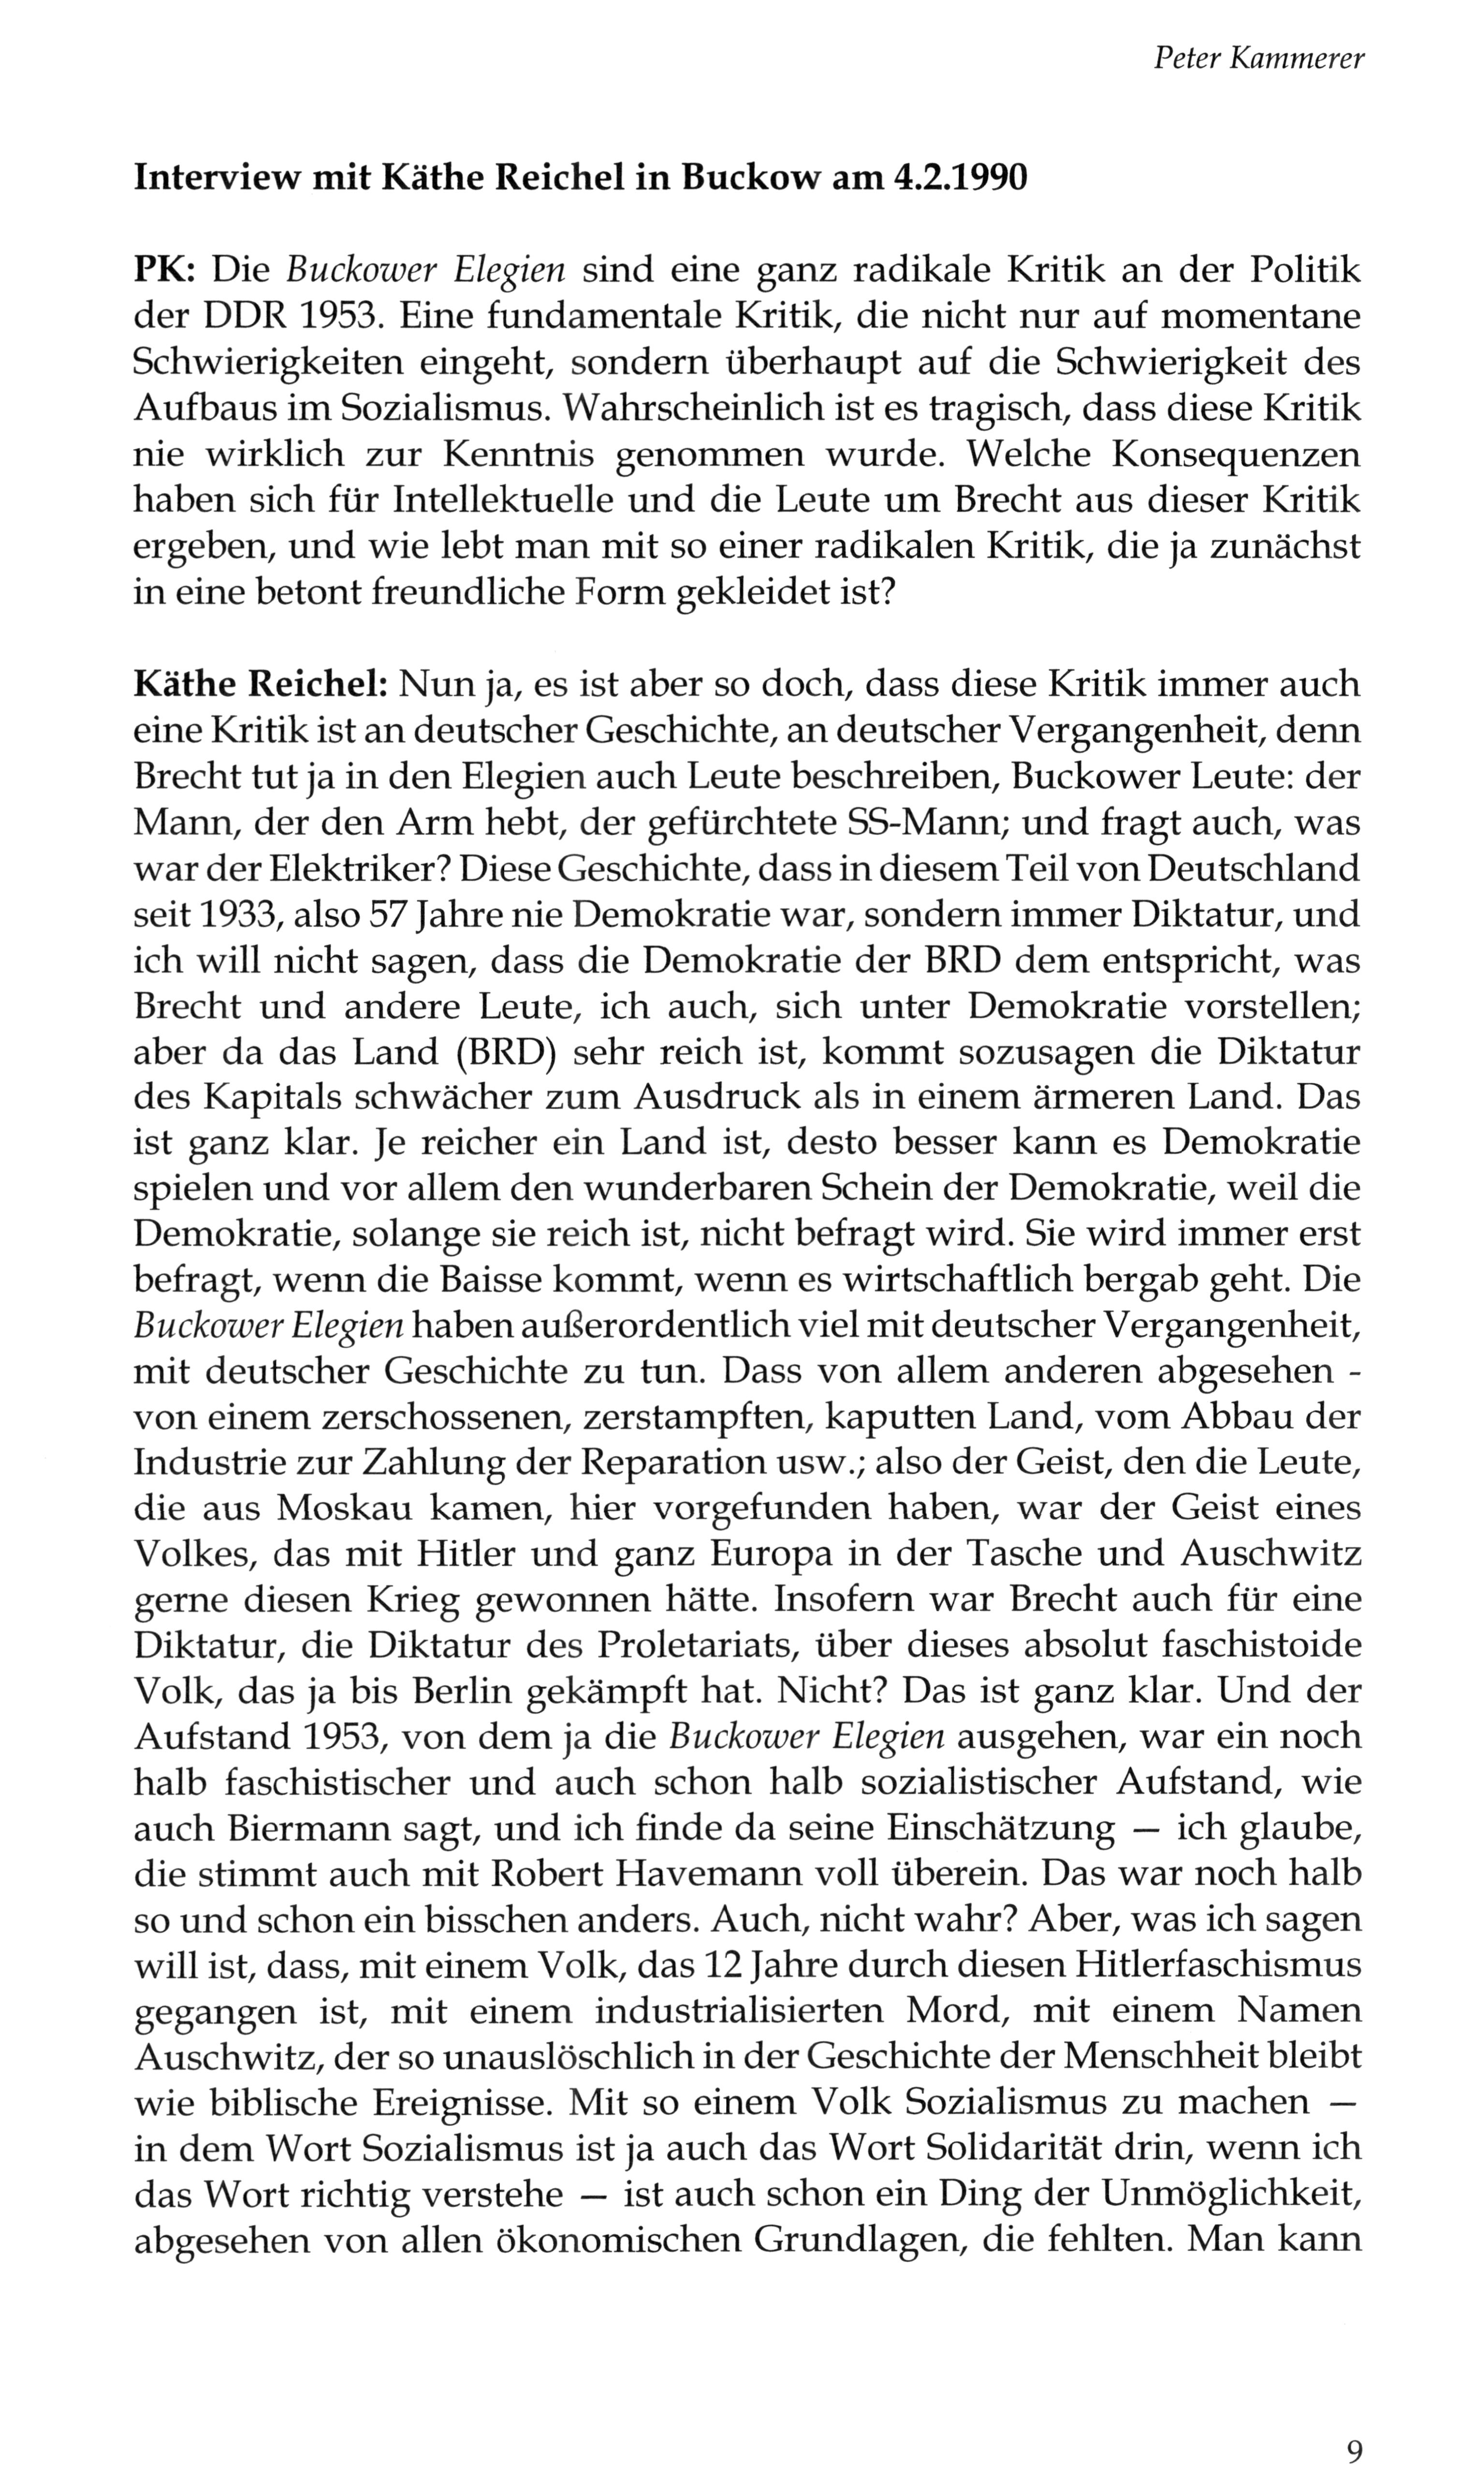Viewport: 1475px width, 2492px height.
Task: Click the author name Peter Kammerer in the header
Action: [x=1258, y=59]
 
